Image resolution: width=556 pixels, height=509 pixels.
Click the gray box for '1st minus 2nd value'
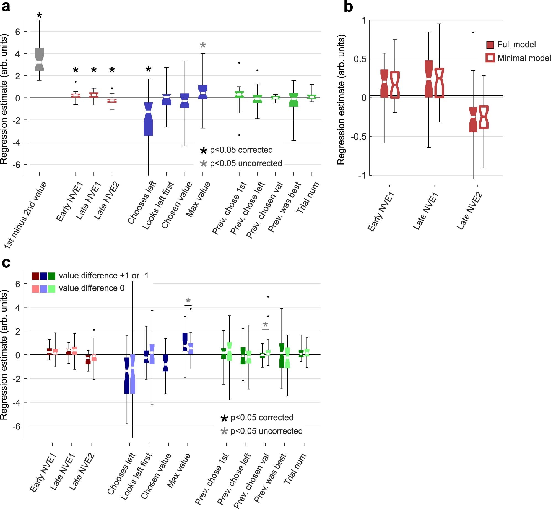click(x=39, y=59)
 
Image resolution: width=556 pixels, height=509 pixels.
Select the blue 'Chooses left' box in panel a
click(x=148, y=119)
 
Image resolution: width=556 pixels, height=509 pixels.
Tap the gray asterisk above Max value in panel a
click(x=203, y=45)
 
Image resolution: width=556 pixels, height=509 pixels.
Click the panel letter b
click(x=348, y=7)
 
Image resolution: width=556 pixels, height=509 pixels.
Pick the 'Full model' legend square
click(x=490, y=45)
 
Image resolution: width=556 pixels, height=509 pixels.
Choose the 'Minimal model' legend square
click(x=490, y=58)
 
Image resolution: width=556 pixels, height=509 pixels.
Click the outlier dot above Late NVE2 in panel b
click(x=473, y=32)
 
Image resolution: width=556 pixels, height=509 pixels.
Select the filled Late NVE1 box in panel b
click(x=429, y=79)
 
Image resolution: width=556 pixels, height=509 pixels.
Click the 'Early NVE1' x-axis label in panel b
click(x=381, y=212)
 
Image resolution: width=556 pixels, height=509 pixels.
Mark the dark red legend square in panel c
click(x=35, y=276)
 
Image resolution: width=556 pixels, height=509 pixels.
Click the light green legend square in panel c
click(x=52, y=289)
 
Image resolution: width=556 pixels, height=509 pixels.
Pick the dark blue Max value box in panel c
click(x=185, y=342)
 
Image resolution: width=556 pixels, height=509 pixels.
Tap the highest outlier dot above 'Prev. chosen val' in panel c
click(x=268, y=297)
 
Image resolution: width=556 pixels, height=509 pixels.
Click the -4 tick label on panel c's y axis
click(x=17, y=402)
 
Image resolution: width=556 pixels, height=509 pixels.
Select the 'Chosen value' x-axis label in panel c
click(x=156, y=476)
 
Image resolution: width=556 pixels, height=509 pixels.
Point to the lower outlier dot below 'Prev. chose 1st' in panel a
click(x=239, y=135)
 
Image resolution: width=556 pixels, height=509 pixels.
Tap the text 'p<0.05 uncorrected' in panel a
click(x=246, y=163)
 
